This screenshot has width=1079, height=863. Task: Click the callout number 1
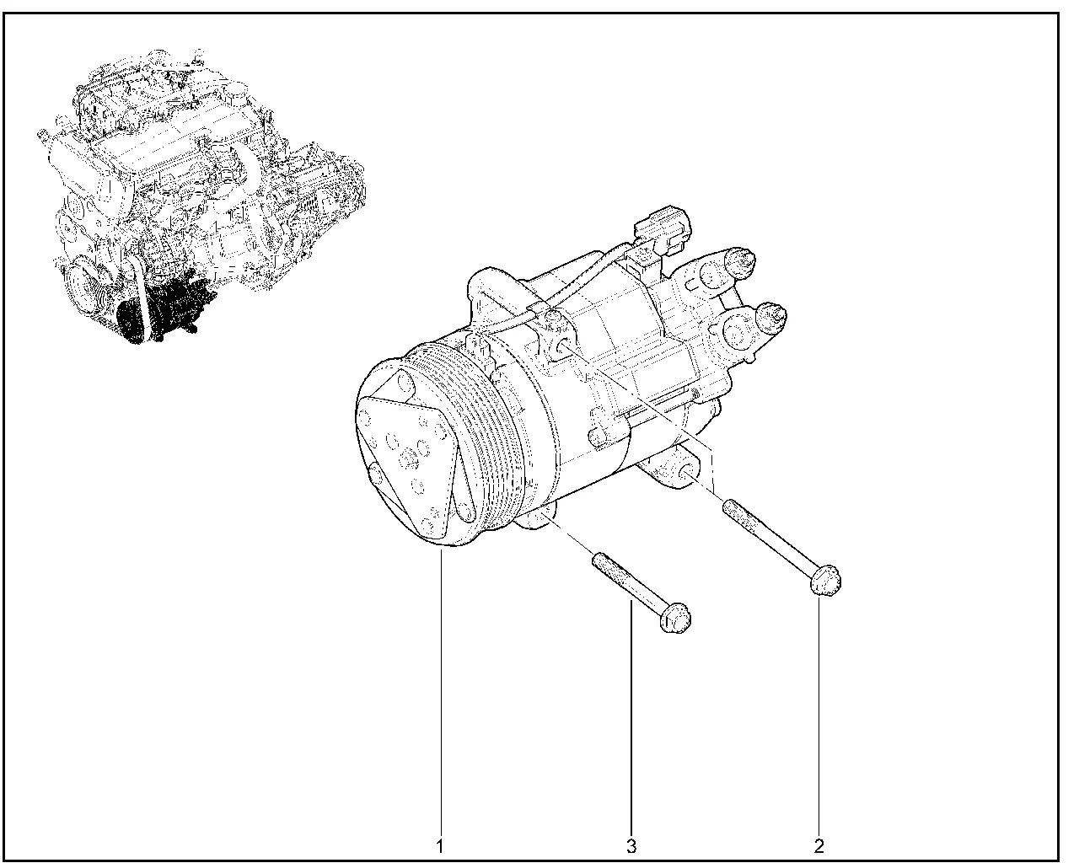[440, 846]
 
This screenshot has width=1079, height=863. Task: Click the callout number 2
[819, 846]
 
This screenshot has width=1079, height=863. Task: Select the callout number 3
[631, 846]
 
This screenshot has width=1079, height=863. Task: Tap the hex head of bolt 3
[675, 618]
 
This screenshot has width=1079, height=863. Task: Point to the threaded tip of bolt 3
[600, 560]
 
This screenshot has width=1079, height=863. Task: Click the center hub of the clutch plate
[409, 458]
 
